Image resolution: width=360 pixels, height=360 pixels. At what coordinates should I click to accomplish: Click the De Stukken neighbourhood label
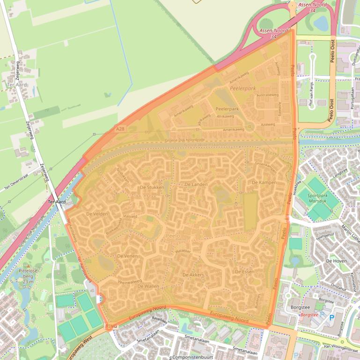[x=152, y=187]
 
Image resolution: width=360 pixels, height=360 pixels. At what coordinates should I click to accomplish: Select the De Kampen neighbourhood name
[x=264, y=182]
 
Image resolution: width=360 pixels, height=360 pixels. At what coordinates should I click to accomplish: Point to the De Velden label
[x=97, y=214]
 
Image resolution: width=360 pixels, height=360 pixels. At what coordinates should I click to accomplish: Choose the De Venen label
[x=127, y=256]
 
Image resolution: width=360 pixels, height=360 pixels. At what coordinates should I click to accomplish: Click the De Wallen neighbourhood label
[x=149, y=286]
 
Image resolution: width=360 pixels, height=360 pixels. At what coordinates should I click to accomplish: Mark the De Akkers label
[x=193, y=275]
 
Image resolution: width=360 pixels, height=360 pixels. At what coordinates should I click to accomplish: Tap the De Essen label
[x=244, y=271]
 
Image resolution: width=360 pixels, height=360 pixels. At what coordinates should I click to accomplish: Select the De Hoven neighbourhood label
[x=335, y=261]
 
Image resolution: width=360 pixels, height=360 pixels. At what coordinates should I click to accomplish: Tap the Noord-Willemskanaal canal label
[x=205, y=144]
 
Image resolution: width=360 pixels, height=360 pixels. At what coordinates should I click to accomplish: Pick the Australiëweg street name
[x=268, y=95]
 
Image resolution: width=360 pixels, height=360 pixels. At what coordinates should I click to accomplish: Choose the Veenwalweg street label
[x=130, y=282]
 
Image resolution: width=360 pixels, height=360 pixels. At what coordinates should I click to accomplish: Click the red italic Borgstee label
[x=309, y=315]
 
